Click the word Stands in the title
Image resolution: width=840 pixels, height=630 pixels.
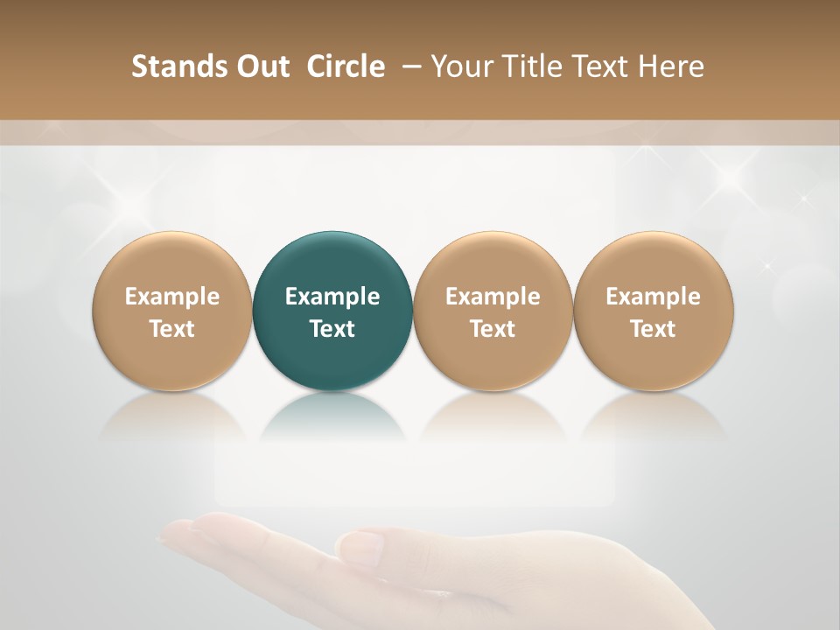173,66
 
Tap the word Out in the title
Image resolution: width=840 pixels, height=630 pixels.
261,66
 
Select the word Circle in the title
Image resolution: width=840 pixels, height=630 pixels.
346,66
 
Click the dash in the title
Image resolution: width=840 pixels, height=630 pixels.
409,66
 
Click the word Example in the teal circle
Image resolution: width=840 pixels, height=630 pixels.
332,297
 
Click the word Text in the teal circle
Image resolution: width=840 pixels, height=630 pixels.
332,329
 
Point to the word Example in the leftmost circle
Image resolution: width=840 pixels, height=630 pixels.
171,297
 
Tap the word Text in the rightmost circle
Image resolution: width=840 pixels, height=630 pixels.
654,329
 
